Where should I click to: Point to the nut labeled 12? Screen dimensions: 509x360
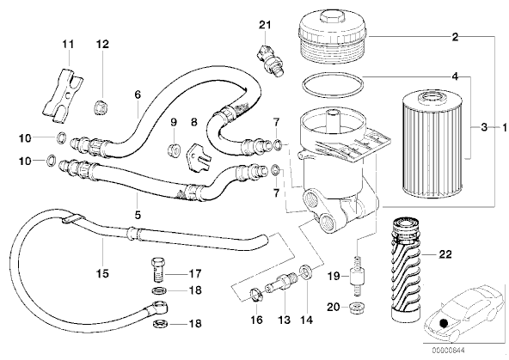(101, 107)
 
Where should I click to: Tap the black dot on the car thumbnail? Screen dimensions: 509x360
(442, 323)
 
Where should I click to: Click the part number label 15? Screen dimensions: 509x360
(102, 274)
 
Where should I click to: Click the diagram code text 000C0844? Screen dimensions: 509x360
(448, 351)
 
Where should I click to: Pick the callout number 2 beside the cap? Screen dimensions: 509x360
(456, 37)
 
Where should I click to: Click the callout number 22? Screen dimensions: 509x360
(445, 254)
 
